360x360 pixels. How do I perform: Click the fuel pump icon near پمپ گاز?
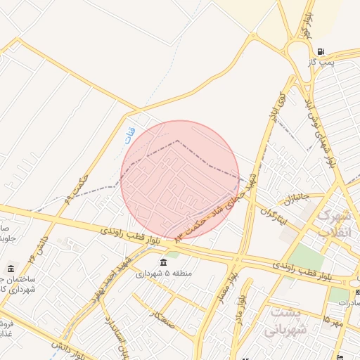[321, 51]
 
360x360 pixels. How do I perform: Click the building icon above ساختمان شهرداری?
[11, 269]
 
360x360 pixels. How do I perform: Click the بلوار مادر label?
[240, 306]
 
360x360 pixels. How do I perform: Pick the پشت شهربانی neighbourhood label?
[279, 321]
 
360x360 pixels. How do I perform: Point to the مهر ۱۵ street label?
[332, 321]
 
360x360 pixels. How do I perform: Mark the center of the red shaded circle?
[180, 180]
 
